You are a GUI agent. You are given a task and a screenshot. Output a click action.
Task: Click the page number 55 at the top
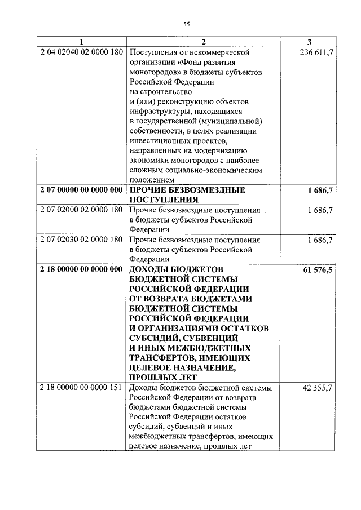click(186, 24)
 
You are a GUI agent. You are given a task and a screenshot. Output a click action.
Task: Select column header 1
click(81, 42)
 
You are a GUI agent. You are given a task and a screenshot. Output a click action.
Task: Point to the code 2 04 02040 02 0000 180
click(82, 52)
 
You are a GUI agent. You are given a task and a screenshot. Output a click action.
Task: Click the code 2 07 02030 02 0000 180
click(82, 240)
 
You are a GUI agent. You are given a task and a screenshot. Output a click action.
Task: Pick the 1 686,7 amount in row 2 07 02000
click(320, 210)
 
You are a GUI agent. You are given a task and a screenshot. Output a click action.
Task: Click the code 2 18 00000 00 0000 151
click(82, 388)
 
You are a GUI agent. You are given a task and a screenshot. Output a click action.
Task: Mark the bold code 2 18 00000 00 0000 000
click(82, 269)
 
